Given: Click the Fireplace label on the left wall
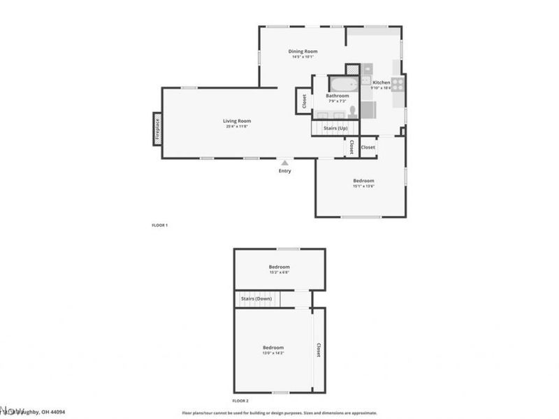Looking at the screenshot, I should [157, 128].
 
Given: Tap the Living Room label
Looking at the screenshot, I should [237, 121].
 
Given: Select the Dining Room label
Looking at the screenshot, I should [303, 52].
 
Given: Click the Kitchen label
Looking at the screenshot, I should [381, 82].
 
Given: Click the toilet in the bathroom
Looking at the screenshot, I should [353, 111].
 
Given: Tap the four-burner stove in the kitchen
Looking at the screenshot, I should [397, 84].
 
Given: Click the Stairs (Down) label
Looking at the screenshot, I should [256, 299].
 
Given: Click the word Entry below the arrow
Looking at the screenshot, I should [285, 171].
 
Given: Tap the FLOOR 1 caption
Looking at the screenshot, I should [160, 226].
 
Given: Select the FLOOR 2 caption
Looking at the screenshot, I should [240, 401].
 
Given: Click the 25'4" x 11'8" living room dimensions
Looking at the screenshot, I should [237, 126].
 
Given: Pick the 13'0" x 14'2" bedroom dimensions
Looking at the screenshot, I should [273, 353].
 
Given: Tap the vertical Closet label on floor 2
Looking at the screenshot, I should [318, 349].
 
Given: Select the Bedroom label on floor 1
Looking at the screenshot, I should [363, 181].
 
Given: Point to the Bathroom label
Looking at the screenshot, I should [337, 96].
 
